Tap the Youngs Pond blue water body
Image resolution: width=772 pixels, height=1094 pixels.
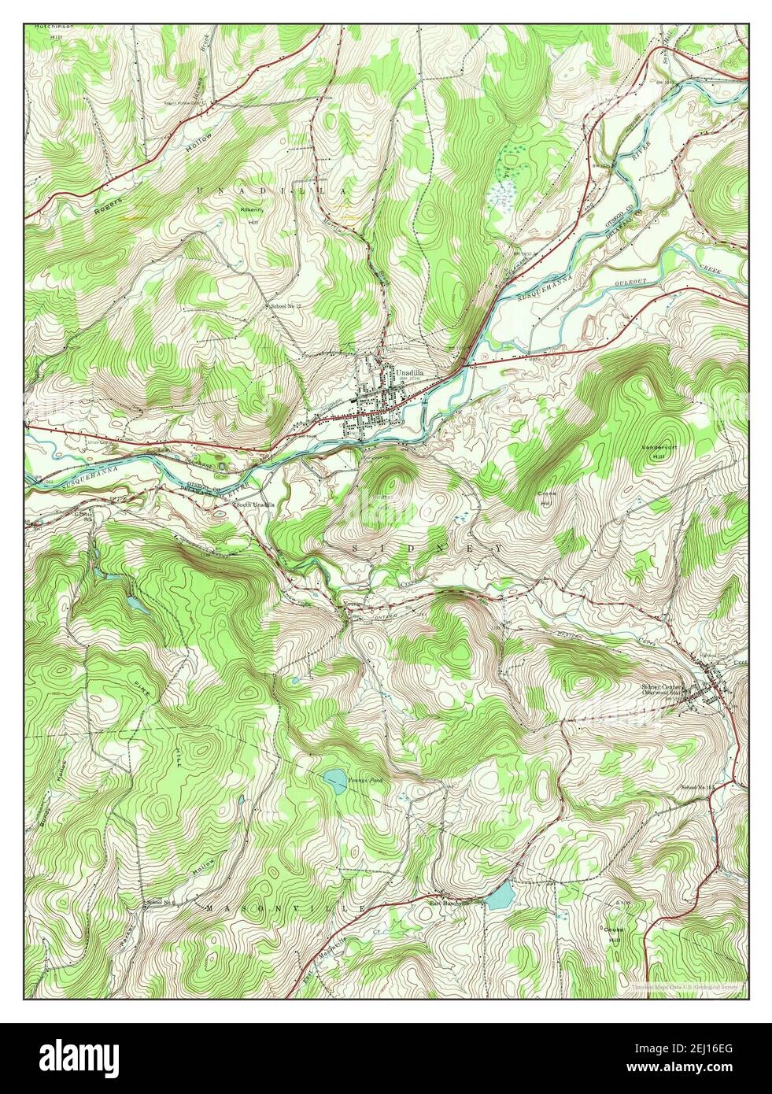[334, 781]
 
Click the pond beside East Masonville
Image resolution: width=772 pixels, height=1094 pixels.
[500, 896]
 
